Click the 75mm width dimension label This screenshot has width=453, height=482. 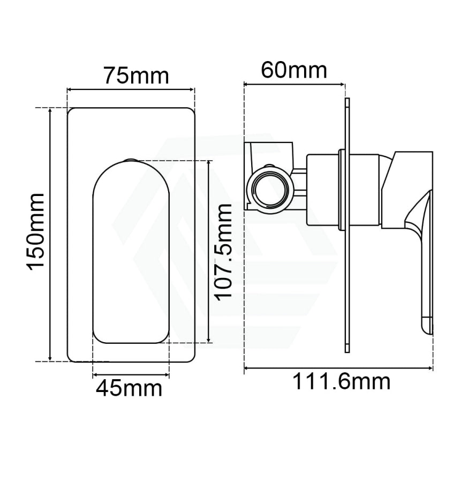(x=137, y=76)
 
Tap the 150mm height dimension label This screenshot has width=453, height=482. (x=36, y=232)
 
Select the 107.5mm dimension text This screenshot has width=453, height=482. (x=223, y=252)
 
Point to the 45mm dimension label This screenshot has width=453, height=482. (x=129, y=389)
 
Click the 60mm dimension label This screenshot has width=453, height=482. (x=294, y=70)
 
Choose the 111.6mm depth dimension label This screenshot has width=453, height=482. (x=342, y=382)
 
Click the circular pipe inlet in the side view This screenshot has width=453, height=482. (x=270, y=188)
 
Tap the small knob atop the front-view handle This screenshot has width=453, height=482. (x=131, y=160)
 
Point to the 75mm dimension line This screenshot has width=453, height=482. (x=131, y=89)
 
